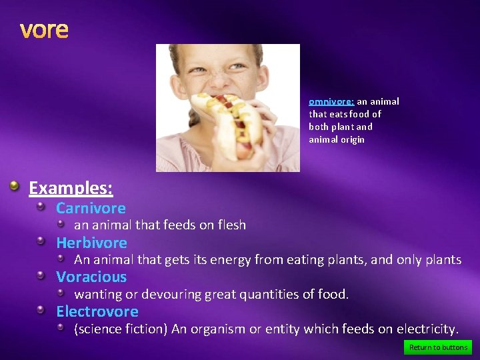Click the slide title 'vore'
coord(44,30)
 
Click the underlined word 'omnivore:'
coord(331,102)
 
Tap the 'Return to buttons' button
coord(438,347)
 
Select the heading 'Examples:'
coord(71,188)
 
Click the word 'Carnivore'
coord(91,208)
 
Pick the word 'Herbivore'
coord(91,243)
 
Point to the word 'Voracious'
coord(91,277)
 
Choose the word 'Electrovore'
coord(97,311)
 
